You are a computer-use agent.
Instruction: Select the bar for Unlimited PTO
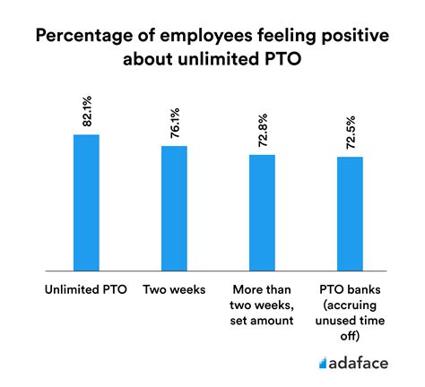coord(86,202)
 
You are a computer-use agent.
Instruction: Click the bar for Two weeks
coord(174,208)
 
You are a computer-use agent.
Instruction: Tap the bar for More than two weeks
coord(261,211)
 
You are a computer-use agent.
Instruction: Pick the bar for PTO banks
coord(349,212)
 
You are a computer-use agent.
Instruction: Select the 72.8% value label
coord(261,132)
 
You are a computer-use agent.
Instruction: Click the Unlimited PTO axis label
coord(86,288)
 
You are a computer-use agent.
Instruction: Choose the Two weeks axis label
coord(174,288)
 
